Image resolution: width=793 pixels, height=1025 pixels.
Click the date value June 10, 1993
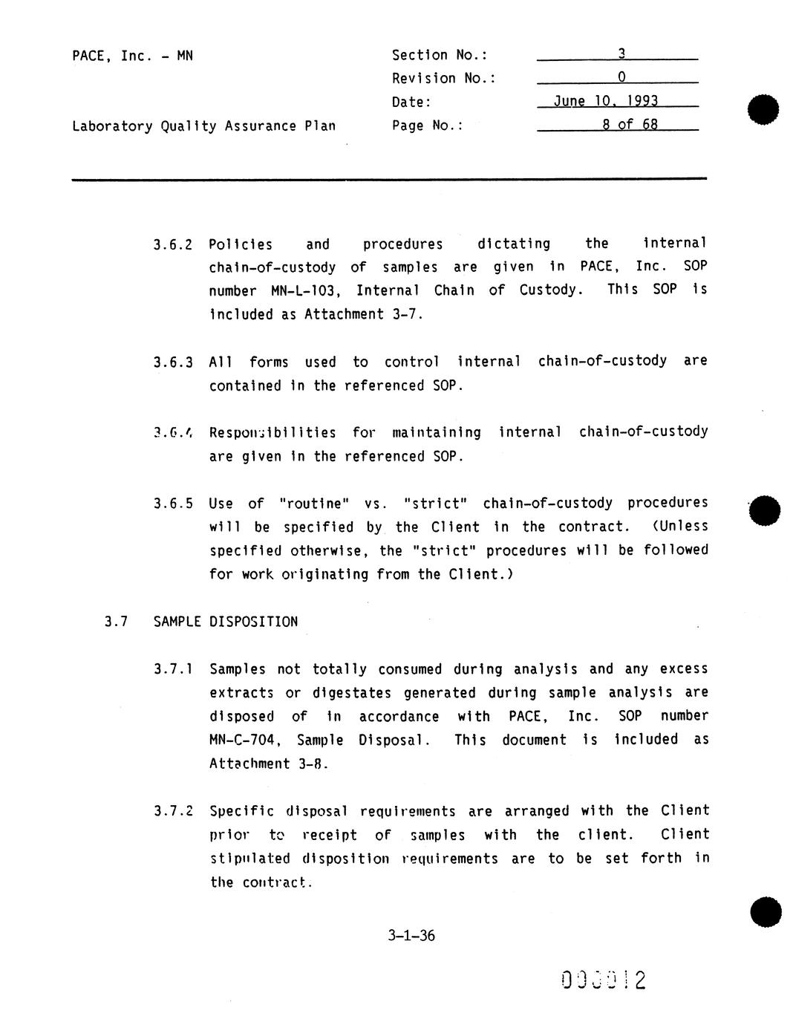[x=605, y=101]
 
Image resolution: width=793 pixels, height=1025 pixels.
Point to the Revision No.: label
[x=443, y=79]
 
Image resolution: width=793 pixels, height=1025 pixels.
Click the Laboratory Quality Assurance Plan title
[x=203, y=126]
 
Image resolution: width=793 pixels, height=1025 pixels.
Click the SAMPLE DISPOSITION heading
[x=225, y=622]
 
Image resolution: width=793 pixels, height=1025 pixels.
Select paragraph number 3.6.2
[x=173, y=244]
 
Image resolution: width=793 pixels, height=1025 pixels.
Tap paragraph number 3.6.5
[x=173, y=504]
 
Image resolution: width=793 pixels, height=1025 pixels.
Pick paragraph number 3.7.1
[x=173, y=669]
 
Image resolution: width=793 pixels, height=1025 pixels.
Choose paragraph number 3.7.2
[x=173, y=811]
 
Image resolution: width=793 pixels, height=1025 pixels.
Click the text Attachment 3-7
[x=363, y=314]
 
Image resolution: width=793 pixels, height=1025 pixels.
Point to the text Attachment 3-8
[x=268, y=764]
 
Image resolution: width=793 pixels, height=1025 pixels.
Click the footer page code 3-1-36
[x=411, y=936]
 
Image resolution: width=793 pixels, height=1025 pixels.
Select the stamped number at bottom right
[x=604, y=980]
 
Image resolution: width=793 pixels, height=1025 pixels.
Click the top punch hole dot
[x=764, y=109]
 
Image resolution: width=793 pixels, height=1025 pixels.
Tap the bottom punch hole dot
[x=766, y=912]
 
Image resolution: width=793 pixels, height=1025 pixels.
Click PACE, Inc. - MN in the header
[x=132, y=56]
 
